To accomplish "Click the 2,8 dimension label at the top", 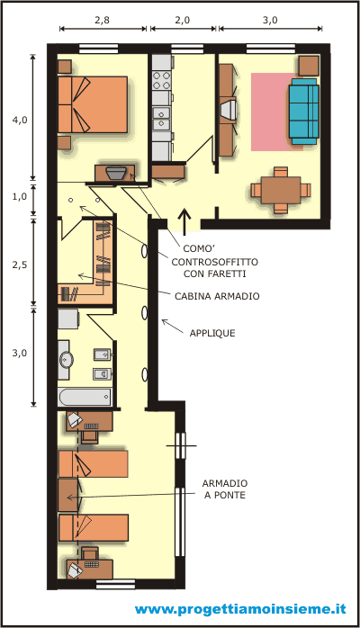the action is (x=102, y=20).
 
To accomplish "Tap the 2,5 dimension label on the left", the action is (x=20, y=265).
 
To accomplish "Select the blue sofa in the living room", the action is (x=304, y=112).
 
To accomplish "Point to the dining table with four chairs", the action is (x=281, y=190).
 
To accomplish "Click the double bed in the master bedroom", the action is (x=93, y=104).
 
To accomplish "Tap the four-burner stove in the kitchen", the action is (x=161, y=80).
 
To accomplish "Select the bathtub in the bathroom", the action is (x=85, y=397).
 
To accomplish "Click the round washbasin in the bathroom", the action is (x=66, y=360).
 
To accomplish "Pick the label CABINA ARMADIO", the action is (x=217, y=296).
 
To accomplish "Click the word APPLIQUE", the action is (x=212, y=333).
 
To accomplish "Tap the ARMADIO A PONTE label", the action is (x=225, y=489).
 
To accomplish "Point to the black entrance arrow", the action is (x=184, y=221).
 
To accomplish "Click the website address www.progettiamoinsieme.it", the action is (x=240, y=609).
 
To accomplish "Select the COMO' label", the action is (x=199, y=248).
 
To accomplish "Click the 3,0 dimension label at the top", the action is (x=270, y=20).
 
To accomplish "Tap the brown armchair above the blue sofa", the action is (x=309, y=66).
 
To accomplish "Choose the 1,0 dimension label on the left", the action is (x=20, y=197).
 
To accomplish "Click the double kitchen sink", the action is (x=161, y=119).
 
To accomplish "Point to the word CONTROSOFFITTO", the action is (x=214, y=262).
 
